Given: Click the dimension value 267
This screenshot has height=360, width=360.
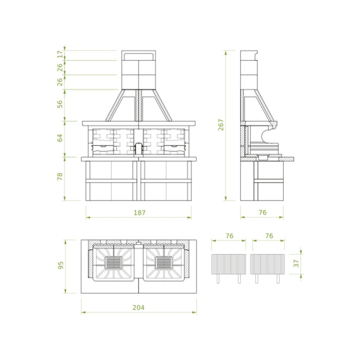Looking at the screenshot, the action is [221, 125].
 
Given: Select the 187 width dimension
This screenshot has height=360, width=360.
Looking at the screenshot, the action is [139, 213].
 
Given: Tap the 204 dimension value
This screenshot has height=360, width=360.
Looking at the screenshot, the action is [138, 307].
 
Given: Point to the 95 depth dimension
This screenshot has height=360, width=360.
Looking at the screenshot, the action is [60, 265].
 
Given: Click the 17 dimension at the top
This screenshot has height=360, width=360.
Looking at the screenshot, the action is [60, 54].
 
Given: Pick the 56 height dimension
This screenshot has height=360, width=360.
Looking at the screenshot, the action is [60, 104].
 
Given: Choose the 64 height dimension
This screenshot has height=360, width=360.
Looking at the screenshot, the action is [60, 138].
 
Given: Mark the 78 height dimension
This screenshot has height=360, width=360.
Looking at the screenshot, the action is [60, 176].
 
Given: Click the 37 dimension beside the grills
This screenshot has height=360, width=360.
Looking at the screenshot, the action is [296, 264].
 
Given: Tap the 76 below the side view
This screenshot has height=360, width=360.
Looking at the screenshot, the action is [263, 212].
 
